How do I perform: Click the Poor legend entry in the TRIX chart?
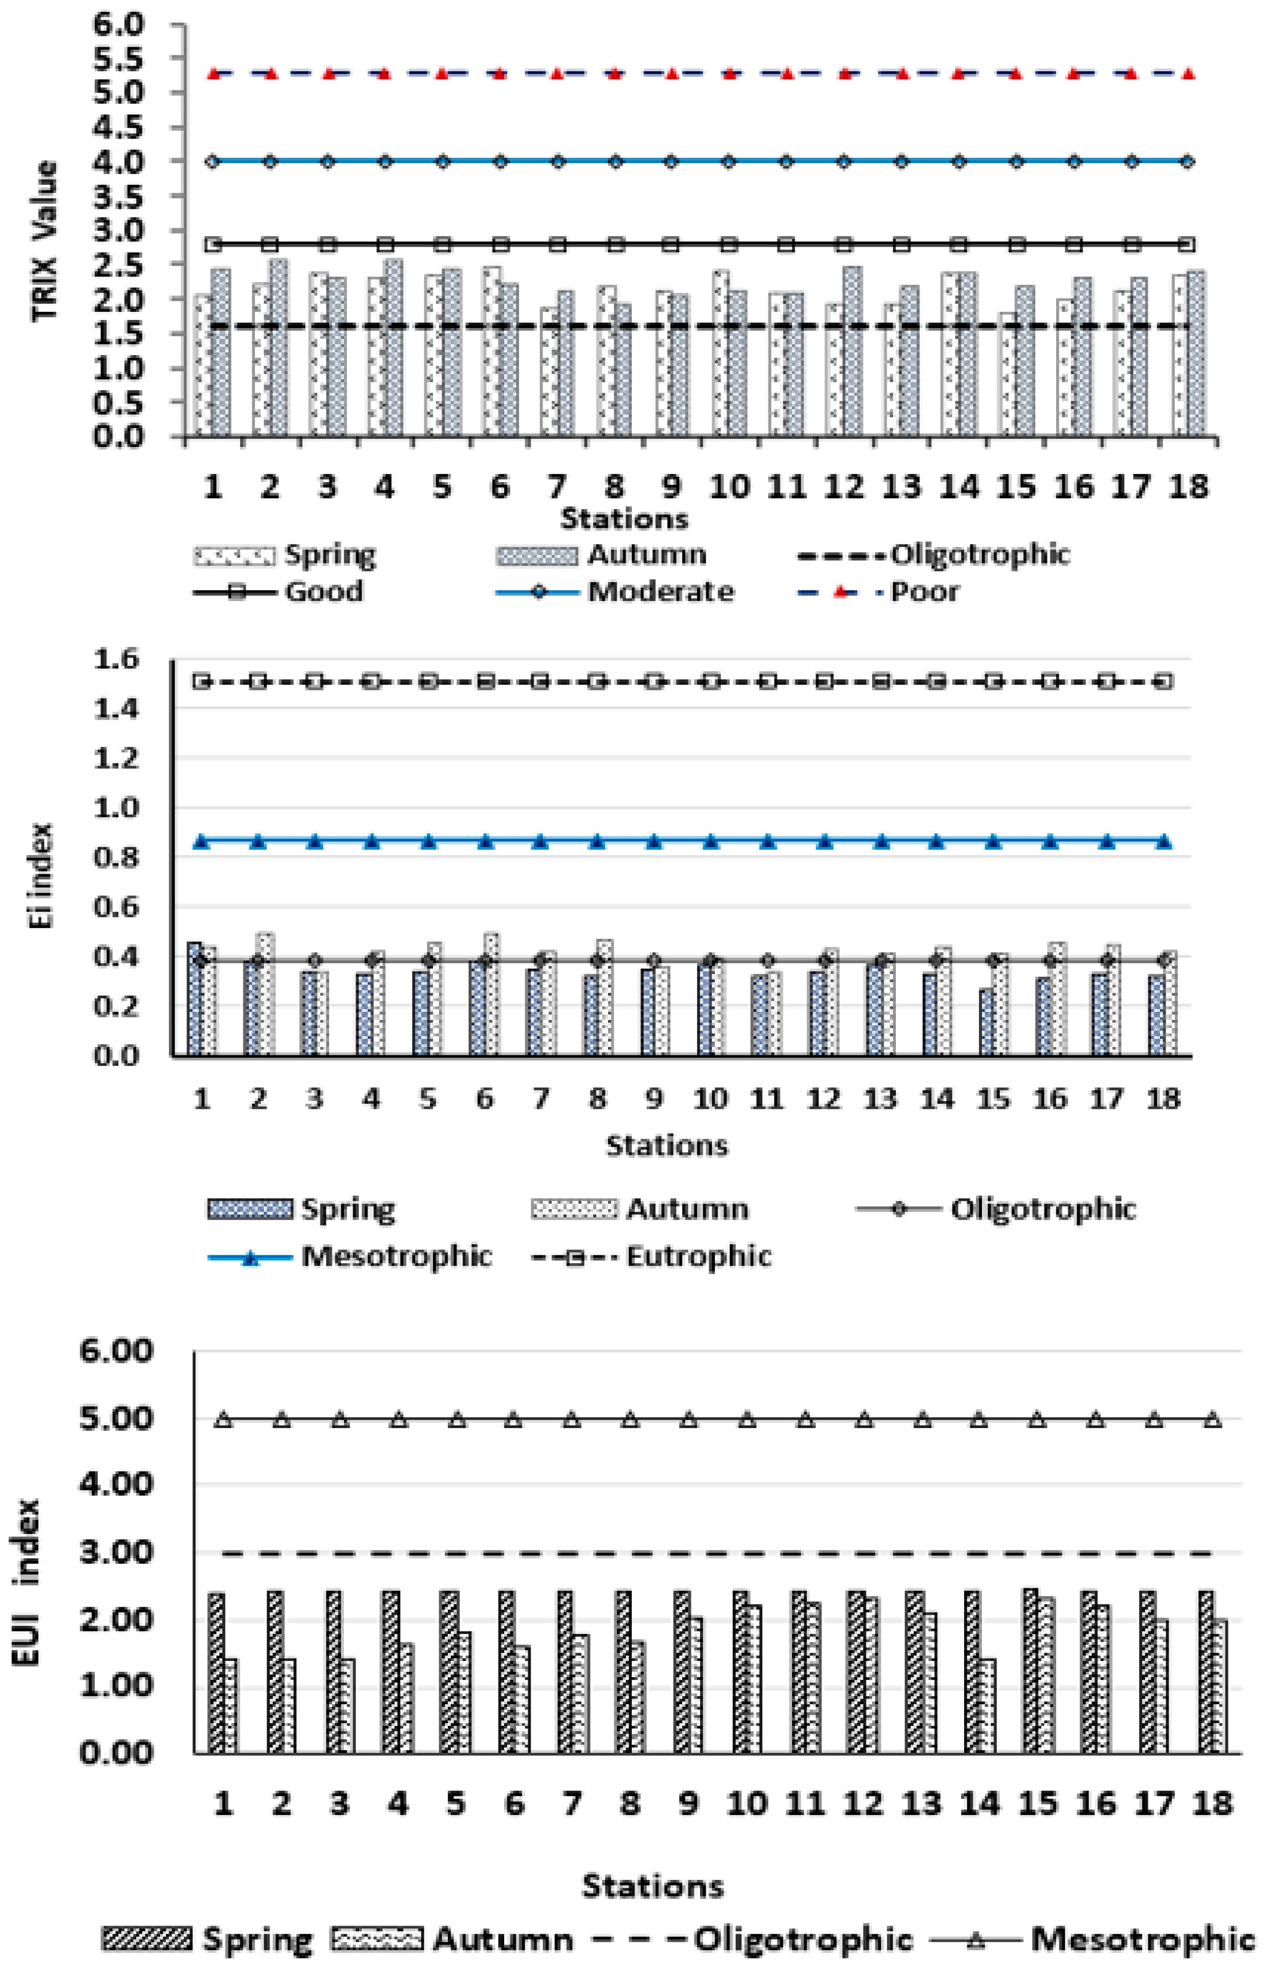pos(924,591)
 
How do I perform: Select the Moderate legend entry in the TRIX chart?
pos(659,591)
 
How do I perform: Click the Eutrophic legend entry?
pos(698,1256)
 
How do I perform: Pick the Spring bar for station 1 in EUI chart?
pos(216,1673)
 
